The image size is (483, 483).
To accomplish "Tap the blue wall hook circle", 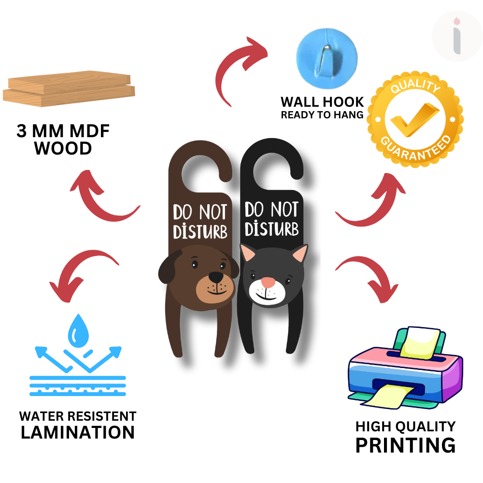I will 327,54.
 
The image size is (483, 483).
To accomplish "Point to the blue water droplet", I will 76,331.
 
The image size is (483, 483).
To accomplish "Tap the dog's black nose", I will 216,277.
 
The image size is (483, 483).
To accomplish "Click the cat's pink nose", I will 268,282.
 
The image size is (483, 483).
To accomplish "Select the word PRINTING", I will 405,445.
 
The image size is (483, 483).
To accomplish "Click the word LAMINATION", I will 78,432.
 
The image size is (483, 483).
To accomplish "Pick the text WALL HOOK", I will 322,102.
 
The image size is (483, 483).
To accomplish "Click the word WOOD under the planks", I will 63,148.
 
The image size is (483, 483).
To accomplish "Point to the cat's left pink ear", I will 249,253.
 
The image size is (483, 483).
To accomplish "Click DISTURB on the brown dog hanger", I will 200,231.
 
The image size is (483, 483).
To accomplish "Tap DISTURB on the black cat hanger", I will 271,228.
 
